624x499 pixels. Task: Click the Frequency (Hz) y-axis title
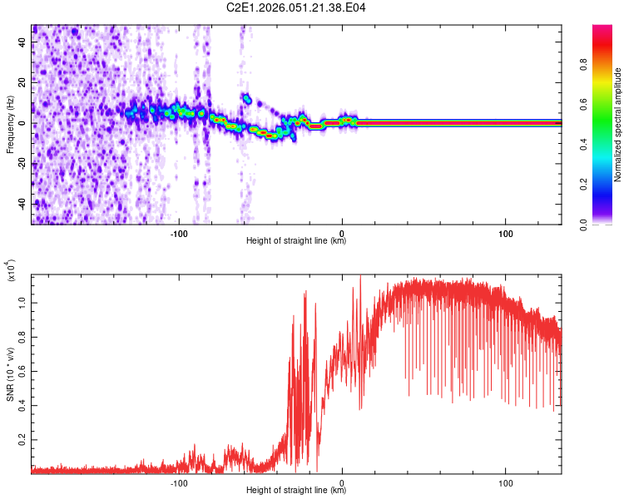10,124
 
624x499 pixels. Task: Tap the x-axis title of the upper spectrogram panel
296,241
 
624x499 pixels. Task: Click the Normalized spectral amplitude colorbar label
618,125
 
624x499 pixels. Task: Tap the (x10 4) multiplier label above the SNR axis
12,271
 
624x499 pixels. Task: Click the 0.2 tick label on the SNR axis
20,436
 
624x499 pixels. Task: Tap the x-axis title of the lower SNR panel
296,491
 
